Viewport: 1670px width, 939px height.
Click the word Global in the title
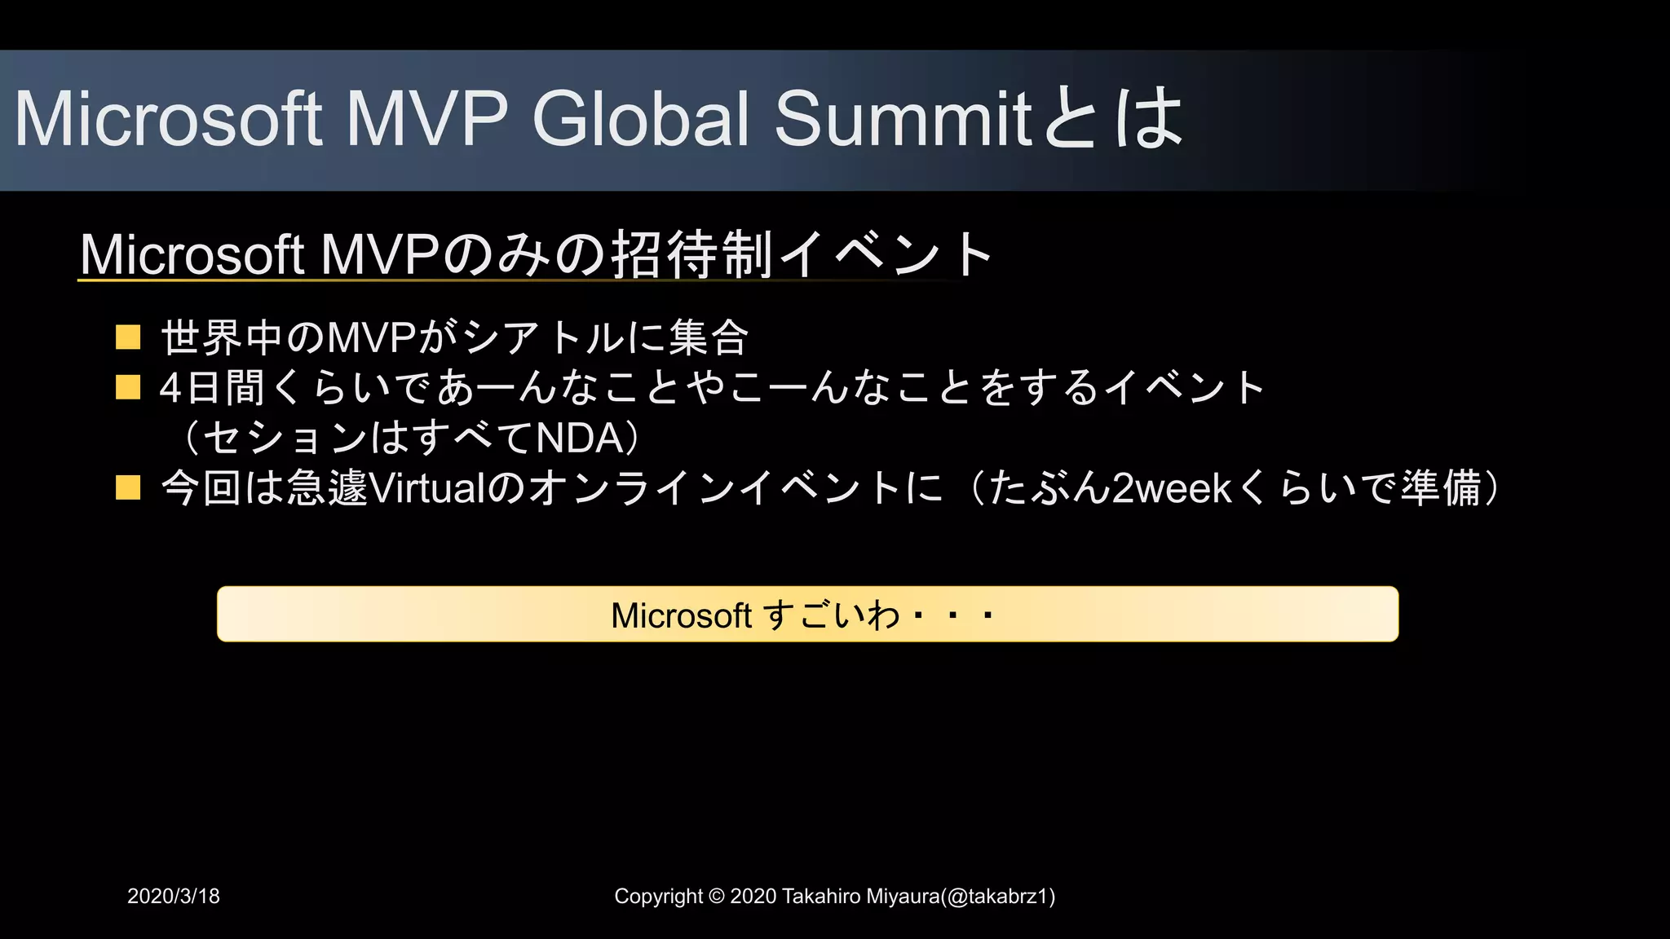click(x=640, y=119)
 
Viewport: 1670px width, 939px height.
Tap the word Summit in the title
click(x=903, y=119)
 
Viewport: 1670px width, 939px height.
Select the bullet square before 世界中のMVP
click(x=128, y=337)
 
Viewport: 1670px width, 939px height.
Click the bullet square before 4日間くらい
click(x=128, y=387)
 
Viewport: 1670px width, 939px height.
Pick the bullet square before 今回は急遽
click(x=128, y=487)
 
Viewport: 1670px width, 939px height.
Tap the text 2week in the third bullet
click(x=1172, y=487)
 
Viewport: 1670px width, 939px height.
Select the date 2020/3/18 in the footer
click(x=174, y=896)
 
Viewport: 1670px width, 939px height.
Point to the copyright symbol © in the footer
click(x=716, y=896)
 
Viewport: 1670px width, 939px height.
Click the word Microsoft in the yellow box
click(x=681, y=615)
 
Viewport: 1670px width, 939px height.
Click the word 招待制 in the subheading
click(x=691, y=254)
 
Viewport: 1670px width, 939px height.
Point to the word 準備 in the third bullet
click(x=1441, y=487)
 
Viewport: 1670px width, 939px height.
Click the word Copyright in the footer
click(x=658, y=896)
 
